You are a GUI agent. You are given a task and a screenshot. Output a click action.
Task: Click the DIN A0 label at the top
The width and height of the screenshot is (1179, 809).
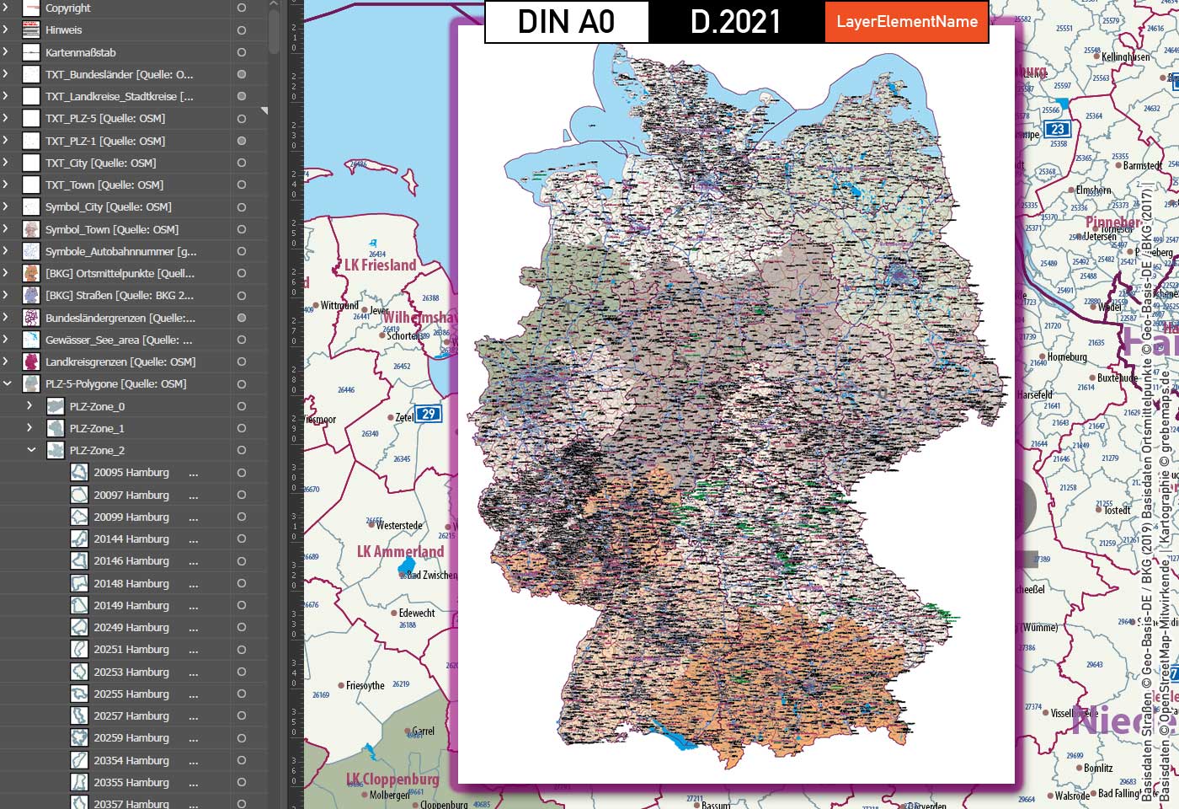[x=566, y=22]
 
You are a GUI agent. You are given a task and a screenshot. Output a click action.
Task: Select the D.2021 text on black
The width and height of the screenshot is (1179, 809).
[x=736, y=22]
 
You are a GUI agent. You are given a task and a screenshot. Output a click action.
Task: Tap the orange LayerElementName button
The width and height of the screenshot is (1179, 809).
[x=907, y=22]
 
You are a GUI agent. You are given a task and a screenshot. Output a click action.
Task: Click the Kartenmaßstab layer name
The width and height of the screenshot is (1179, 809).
[x=81, y=52]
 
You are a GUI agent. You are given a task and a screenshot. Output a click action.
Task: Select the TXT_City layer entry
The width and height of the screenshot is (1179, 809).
[x=100, y=163]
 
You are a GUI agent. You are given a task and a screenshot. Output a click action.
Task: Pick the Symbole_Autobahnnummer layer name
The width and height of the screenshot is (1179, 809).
[x=120, y=251]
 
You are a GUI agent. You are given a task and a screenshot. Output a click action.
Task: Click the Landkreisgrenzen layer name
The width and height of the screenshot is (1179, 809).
[x=120, y=362]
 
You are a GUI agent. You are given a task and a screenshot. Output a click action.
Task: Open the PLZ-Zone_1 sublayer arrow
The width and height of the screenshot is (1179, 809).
[x=30, y=428]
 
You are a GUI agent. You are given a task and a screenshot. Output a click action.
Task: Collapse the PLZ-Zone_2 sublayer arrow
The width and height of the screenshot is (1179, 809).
[x=30, y=450]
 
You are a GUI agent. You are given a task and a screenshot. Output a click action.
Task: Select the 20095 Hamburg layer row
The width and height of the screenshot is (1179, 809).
[x=131, y=473]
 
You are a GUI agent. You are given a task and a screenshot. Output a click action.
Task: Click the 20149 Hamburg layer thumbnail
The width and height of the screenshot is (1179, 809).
[x=79, y=605]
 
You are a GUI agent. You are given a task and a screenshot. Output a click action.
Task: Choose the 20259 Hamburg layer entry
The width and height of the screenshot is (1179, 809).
[x=131, y=738]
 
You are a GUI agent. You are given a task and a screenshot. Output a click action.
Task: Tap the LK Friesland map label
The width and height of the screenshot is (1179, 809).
[x=381, y=265]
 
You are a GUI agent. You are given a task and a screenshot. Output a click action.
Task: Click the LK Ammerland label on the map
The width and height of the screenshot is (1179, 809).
[x=400, y=552]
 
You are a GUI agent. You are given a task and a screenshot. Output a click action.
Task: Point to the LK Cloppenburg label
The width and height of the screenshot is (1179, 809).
[x=392, y=780]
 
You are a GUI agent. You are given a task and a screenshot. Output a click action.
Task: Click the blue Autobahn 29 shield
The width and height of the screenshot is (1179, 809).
[x=429, y=414]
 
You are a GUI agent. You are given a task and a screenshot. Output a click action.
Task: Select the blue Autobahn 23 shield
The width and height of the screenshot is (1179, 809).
[x=1057, y=129]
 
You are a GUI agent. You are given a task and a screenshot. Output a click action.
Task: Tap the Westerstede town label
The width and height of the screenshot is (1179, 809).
[x=399, y=526]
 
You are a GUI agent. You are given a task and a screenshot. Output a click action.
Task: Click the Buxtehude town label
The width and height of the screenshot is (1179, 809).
[x=1118, y=378]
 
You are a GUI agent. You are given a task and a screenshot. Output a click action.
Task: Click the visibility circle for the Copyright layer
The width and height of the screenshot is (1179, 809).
[x=242, y=8]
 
